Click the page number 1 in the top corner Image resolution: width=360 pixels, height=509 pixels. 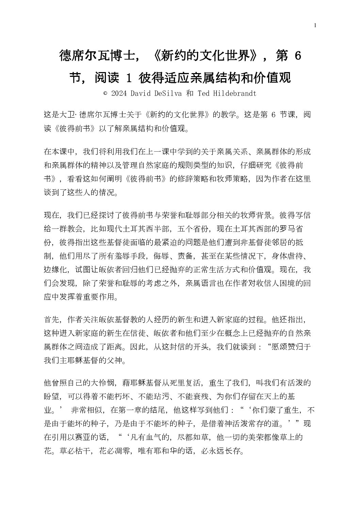tap(316, 25)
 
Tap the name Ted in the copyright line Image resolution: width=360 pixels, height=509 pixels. tap(203, 93)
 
